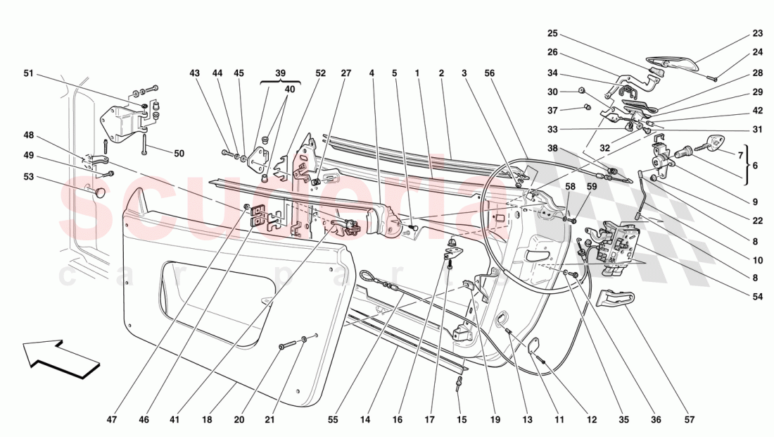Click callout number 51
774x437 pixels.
click(x=28, y=73)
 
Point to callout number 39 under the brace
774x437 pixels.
click(x=280, y=73)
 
